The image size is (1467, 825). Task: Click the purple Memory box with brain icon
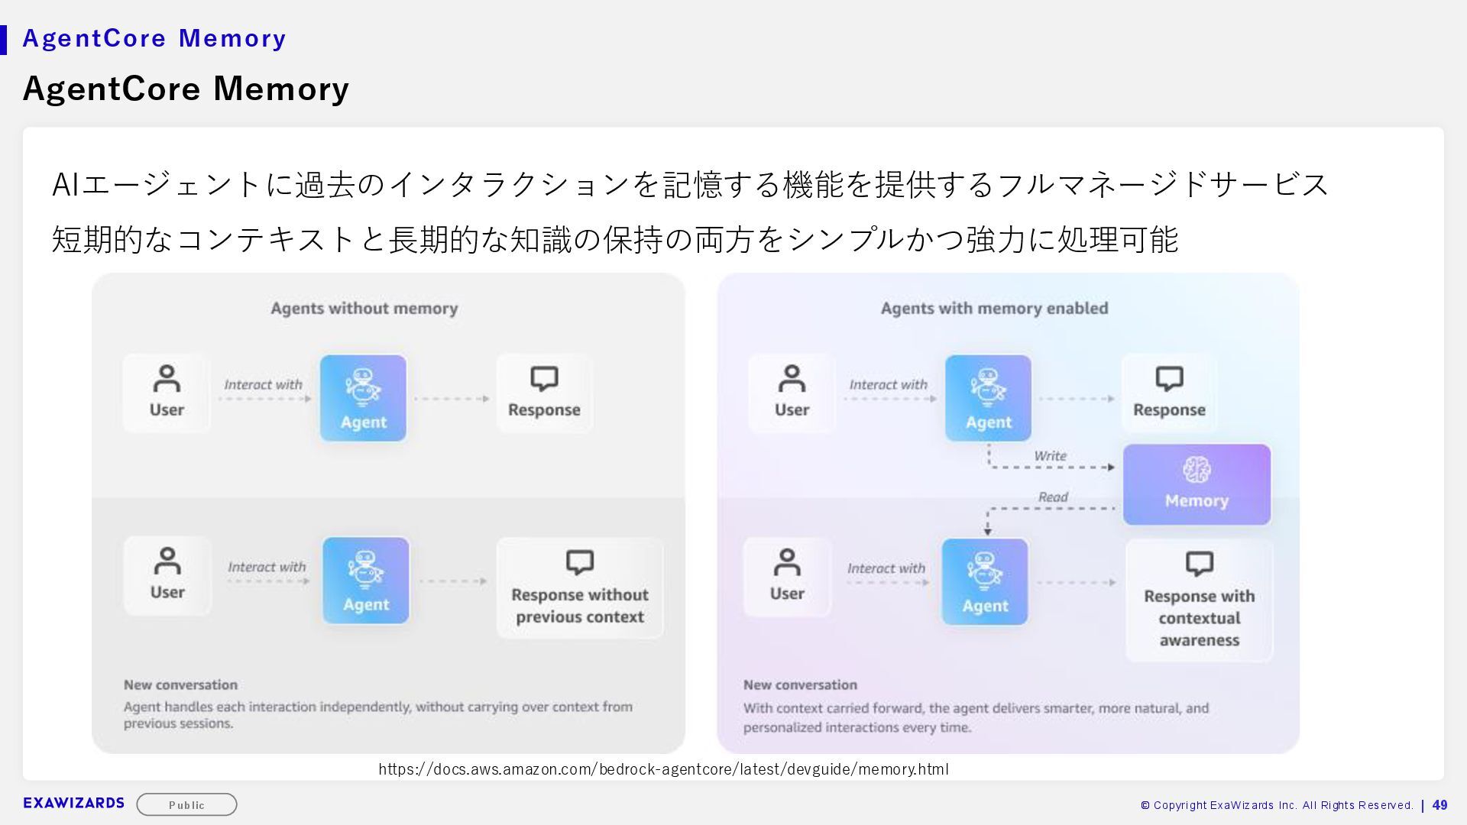coord(1197,484)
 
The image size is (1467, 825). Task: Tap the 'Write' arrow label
coord(1050,456)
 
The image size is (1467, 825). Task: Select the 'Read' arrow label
coord(1053,497)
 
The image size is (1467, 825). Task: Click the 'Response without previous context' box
coord(580,588)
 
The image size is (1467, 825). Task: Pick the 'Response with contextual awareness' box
coord(1199,600)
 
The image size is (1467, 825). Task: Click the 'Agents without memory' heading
coord(364,309)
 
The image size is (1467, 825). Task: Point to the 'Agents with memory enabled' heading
coord(994,309)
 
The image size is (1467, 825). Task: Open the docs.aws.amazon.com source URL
coord(663,769)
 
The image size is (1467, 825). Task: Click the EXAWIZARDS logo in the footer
coord(74,803)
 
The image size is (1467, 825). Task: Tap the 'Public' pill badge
coord(186,804)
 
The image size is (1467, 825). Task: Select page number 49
coord(1439,805)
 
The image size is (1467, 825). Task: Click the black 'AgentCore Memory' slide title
coord(186,89)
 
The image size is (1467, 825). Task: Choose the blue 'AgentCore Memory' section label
coord(154,38)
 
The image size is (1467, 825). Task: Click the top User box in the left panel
coord(167,393)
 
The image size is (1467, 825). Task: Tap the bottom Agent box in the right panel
coord(984,582)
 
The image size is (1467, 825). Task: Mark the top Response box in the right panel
coord(1169,393)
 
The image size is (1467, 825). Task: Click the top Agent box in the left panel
coord(363,398)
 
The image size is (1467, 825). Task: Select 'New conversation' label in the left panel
coord(180,685)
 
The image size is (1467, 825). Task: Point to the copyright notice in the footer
coord(1276,805)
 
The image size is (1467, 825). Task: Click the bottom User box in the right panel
coord(787,577)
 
